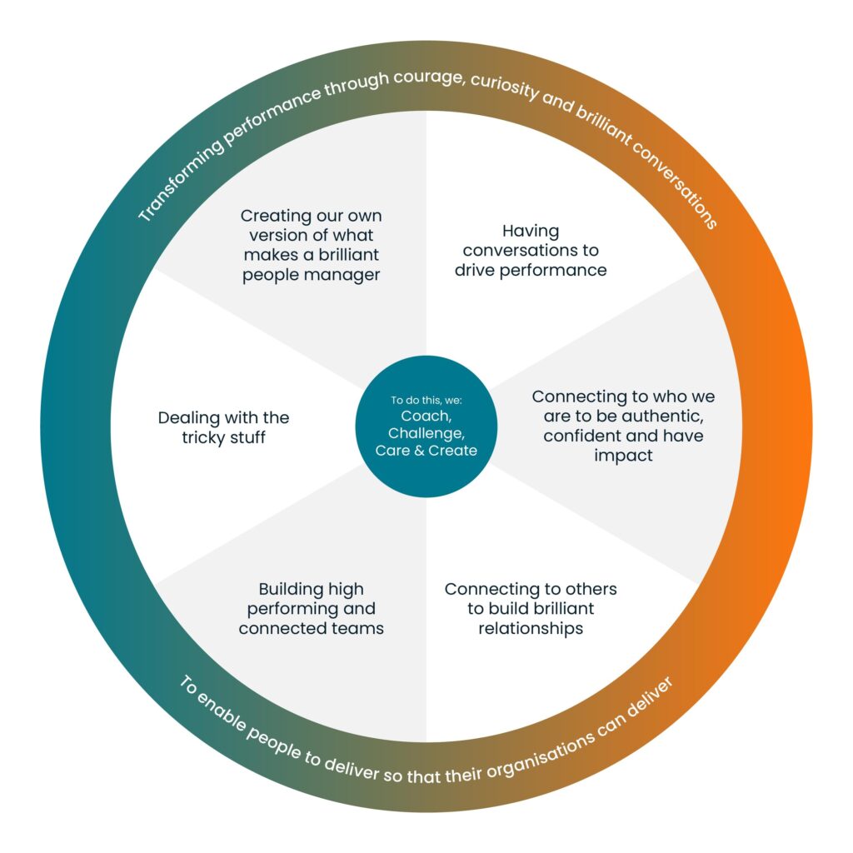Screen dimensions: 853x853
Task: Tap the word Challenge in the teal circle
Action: (x=426, y=434)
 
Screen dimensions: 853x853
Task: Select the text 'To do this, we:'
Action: (x=426, y=401)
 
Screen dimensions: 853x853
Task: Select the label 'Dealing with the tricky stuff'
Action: (x=223, y=427)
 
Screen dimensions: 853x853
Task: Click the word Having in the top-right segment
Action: (x=531, y=231)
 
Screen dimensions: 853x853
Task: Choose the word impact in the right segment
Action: (x=622, y=455)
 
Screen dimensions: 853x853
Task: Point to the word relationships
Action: (x=531, y=628)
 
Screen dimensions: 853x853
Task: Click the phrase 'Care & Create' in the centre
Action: (x=426, y=451)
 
